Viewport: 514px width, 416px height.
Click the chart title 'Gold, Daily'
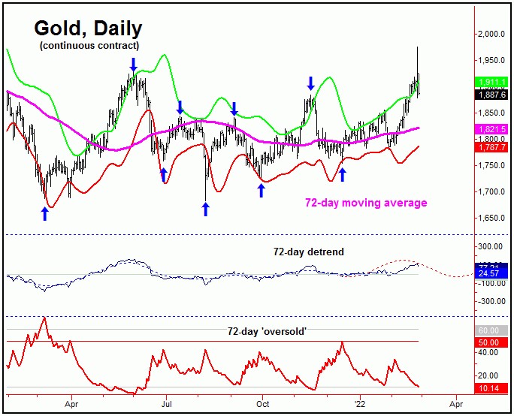[88, 29]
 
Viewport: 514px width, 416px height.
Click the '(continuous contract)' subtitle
[89, 47]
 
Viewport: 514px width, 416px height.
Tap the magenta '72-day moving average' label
[366, 203]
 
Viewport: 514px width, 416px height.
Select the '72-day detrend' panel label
[309, 252]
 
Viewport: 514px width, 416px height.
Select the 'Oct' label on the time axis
[262, 402]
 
